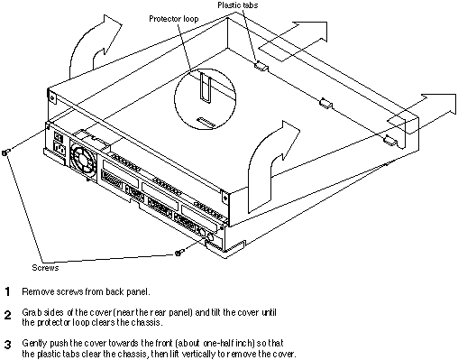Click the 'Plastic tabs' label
point(238,5)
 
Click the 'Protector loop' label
point(174,19)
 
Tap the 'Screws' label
point(45,268)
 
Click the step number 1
point(8,291)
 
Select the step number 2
point(8,315)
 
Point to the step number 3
point(8,345)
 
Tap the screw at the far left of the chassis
point(5,152)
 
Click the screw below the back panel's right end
point(179,253)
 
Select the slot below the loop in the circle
point(206,122)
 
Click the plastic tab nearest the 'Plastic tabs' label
point(261,66)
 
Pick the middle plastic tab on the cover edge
point(325,103)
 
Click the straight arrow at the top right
point(293,42)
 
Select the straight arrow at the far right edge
point(422,114)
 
